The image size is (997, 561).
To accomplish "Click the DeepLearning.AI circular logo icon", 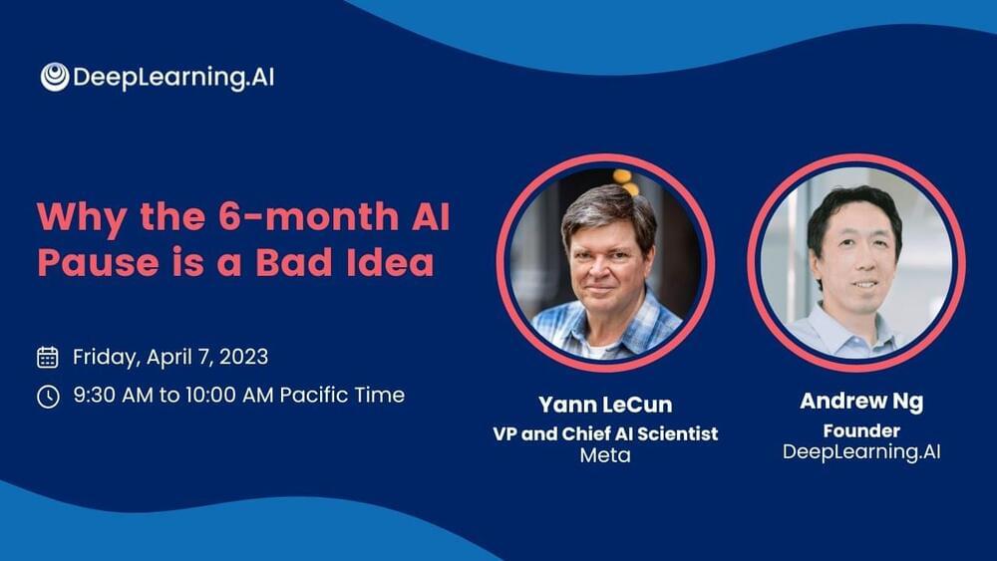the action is (55, 77).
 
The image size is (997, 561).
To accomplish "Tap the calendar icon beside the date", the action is (48, 357).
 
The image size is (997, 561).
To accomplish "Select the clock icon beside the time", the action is (48, 396).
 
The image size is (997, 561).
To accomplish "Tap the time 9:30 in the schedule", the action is (95, 396).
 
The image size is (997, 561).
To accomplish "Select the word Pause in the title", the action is (98, 262).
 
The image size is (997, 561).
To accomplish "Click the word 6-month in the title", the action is (308, 216).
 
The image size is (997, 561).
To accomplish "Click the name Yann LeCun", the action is (605, 405).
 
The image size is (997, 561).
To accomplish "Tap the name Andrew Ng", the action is (861, 402).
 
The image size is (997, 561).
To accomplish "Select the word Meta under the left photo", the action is (605, 455).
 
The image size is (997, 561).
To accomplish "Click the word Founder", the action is (861, 430).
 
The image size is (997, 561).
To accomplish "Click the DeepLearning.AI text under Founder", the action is (861, 451).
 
